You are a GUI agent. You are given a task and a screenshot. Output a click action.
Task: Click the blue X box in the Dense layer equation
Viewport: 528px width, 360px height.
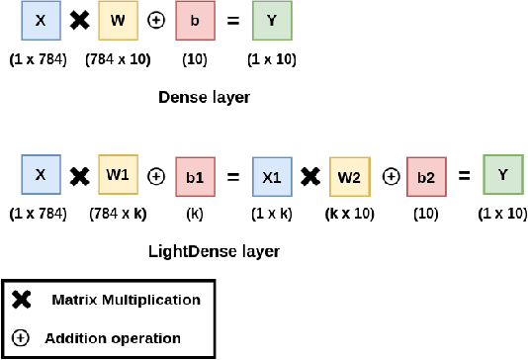pyautogui.click(x=39, y=22)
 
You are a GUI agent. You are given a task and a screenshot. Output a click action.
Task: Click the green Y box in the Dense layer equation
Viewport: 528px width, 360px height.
pyautogui.click(x=271, y=22)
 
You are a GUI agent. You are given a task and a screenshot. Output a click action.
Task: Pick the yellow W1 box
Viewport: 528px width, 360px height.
pyautogui.click(x=118, y=175)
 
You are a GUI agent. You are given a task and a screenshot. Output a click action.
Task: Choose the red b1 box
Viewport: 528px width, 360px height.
pyautogui.click(x=195, y=176)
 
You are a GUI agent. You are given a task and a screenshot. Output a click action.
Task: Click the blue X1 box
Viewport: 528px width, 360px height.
pyautogui.click(x=271, y=176)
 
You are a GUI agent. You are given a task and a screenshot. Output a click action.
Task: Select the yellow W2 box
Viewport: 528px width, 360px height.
pyautogui.click(x=349, y=176)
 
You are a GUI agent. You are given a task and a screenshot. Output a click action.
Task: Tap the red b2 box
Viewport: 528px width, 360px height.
pyautogui.click(x=425, y=176)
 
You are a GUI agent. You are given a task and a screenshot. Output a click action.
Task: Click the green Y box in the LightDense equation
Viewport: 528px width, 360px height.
pyautogui.click(x=502, y=175)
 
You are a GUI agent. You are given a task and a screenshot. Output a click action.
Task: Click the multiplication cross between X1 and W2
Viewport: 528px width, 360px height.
pyautogui.click(x=309, y=176)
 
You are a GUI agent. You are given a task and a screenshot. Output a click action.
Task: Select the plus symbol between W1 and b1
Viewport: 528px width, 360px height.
pyautogui.click(x=156, y=176)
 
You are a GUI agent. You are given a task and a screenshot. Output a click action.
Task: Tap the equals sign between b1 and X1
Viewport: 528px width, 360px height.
pyautogui.click(x=233, y=176)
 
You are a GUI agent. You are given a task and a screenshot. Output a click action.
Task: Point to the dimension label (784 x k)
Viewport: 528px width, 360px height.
pyautogui.click(x=119, y=213)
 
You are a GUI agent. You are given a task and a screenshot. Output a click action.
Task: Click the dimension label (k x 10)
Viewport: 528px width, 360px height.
pyautogui.click(x=350, y=213)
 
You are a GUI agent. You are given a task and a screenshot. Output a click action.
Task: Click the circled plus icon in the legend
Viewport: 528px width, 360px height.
pyautogui.click(x=21, y=337)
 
